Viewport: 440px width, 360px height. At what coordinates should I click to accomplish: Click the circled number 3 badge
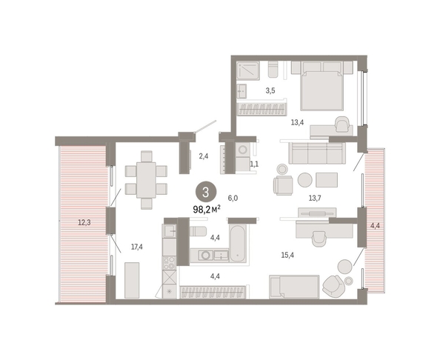(x=206, y=192)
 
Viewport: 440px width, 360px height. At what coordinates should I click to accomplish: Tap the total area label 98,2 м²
(x=207, y=210)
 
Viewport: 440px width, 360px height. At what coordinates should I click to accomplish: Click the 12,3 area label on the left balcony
(x=84, y=223)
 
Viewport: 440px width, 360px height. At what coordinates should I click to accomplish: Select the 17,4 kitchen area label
(x=136, y=247)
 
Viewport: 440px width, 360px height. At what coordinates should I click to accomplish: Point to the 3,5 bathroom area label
(x=270, y=90)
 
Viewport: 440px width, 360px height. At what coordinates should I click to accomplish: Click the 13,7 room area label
(x=315, y=198)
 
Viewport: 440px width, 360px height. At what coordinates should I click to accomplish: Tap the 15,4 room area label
(x=287, y=255)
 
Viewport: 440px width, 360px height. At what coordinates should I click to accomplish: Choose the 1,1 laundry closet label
(x=254, y=164)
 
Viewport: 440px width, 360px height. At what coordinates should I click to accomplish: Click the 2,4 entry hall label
(x=204, y=156)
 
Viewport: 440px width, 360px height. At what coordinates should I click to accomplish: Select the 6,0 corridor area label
(x=233, y=198)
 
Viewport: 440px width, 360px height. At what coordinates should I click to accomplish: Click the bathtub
(x=238, y=243)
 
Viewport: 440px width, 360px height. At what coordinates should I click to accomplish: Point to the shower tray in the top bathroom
(x=248, y=70)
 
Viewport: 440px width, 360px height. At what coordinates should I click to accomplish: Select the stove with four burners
(x=169, y=263)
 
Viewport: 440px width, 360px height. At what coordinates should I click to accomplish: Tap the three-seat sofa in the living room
(x=317, y=153)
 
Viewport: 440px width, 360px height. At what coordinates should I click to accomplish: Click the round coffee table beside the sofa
(x=305, y=180)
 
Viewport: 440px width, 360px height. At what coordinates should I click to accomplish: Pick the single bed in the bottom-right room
(x=294, y=287)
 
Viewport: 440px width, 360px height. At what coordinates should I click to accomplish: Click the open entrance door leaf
(x=206, y=126)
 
